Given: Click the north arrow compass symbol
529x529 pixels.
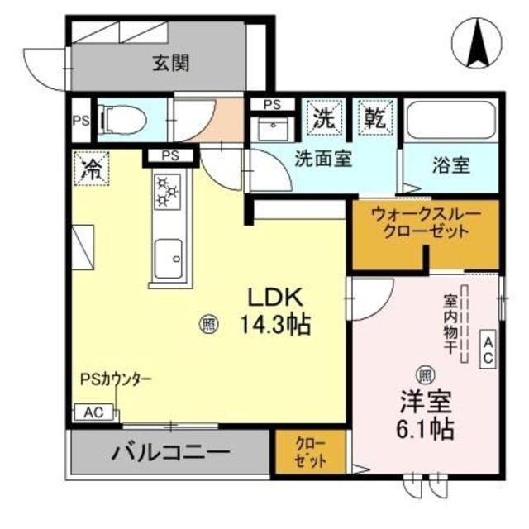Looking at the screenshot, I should click(x=478, y=42).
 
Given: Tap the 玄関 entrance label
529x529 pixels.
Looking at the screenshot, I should click(x=172, y=62).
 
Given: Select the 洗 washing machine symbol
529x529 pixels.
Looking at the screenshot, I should click(x=322, y=117).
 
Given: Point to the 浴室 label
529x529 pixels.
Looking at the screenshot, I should click(x=451, y=165).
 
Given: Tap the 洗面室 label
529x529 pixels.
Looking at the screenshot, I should click(x=324, y=159).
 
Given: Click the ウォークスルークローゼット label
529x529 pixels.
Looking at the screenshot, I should click(x=425, y=222).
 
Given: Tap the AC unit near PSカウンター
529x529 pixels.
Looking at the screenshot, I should click(x=93, y=412).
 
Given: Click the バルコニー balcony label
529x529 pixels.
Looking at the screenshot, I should click(x=171, y=453).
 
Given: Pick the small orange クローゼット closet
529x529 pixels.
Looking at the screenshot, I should click(x=312, y=453).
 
